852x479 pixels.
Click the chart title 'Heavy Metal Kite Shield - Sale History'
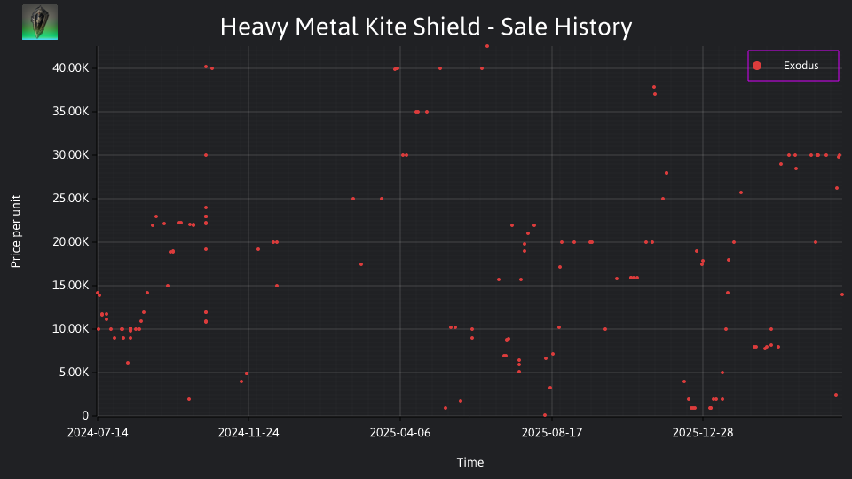point(426,27)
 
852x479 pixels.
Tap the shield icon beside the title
point(40,22)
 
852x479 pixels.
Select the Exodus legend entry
point(793,66)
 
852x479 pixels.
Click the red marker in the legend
point(757,66)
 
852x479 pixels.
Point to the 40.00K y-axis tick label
point(71,68)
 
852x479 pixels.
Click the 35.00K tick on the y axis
point(71,112)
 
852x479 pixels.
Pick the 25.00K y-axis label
point(71,198)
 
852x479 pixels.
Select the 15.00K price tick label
point(71,285)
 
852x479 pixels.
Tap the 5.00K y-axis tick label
point(74,372)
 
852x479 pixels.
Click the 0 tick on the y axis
point(85,415)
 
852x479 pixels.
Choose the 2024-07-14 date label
point(98,432)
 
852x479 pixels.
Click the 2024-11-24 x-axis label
point(248,432)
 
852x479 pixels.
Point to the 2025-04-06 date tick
point(400,432)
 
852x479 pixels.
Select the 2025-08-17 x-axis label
point(551,432)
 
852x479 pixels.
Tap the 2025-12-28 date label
point(703,432)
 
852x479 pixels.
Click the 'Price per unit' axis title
point(16,232)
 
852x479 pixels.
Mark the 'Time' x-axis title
point(470,462)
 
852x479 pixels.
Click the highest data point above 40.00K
point(487,46)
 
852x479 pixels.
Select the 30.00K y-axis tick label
point(71,154)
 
